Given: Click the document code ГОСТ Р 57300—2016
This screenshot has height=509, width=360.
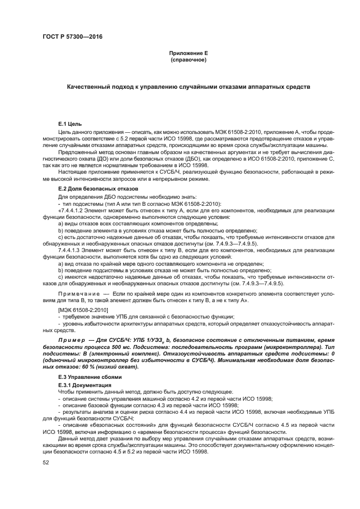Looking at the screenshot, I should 72,36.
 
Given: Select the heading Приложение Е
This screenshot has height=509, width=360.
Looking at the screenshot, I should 188,53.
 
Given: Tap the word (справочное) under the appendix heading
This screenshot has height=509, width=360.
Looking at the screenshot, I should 188,59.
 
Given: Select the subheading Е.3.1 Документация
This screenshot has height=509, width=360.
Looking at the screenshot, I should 84,384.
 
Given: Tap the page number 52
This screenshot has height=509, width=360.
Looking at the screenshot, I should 46,462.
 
